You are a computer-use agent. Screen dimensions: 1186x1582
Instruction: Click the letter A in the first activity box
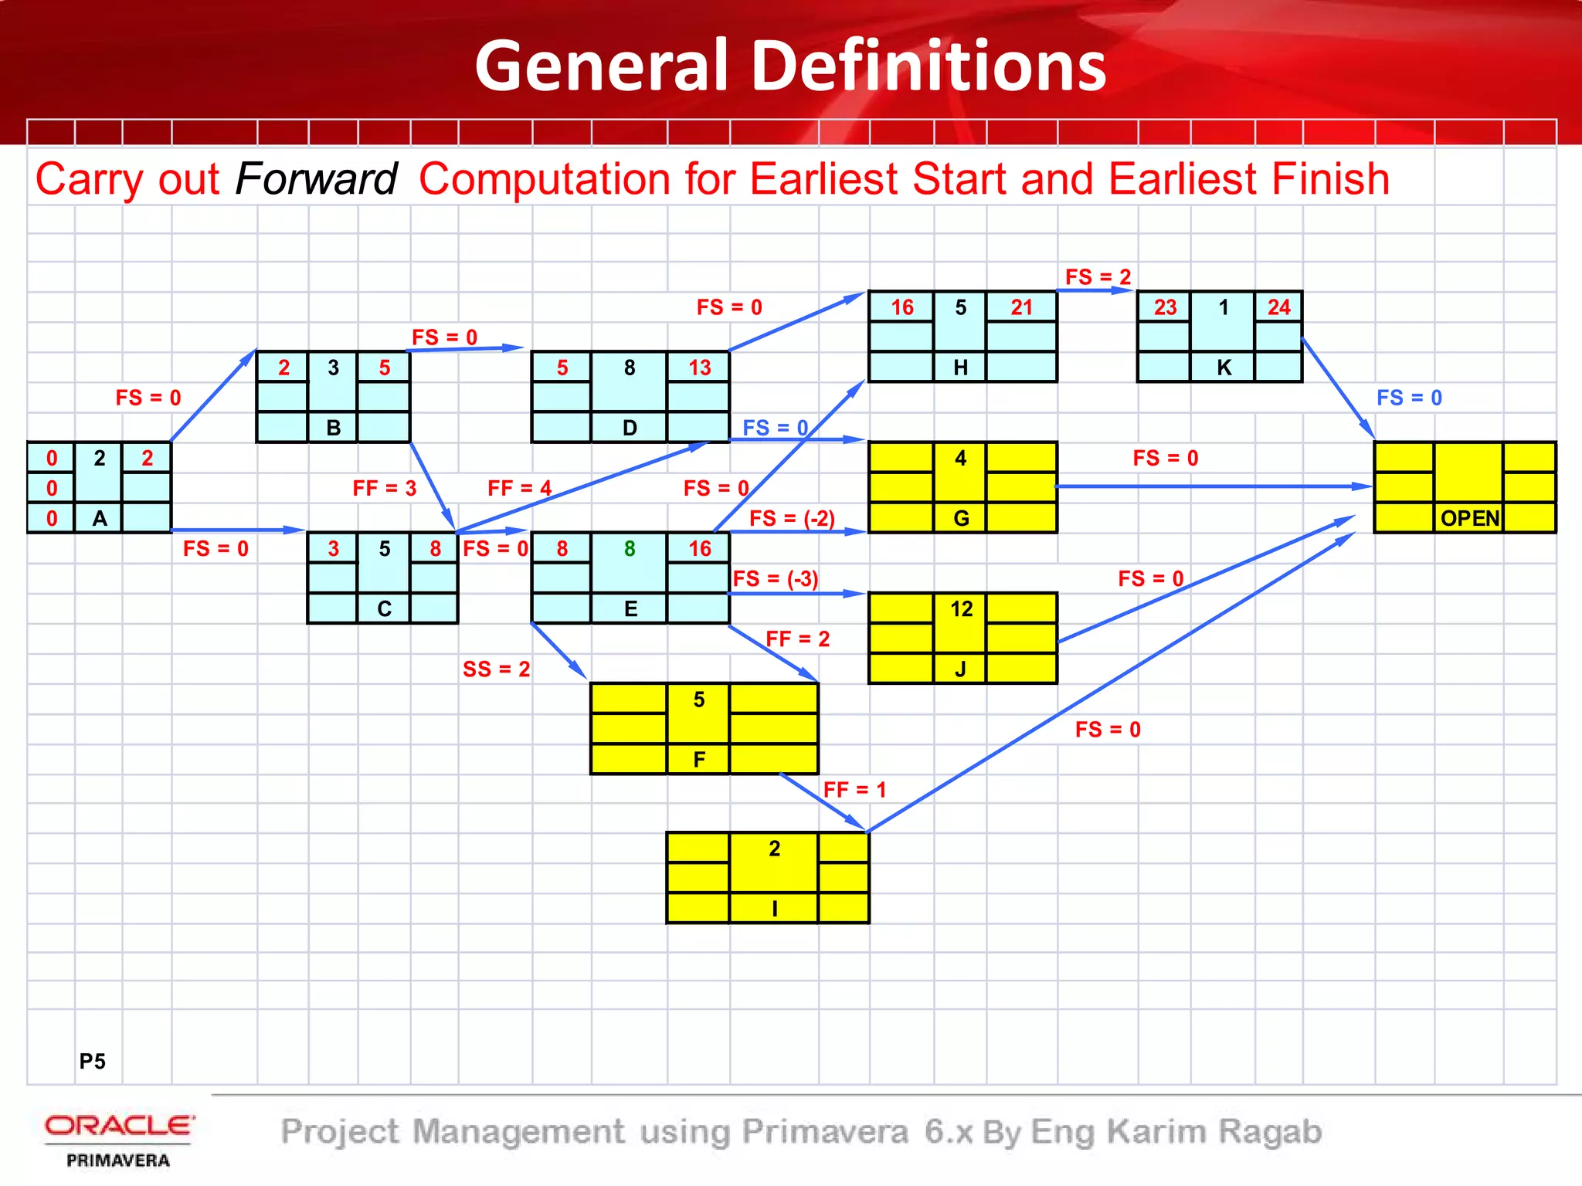pos(100,518)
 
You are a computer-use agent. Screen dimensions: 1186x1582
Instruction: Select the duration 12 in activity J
pos(961,609)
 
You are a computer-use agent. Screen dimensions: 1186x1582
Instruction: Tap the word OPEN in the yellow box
pos(1469,518)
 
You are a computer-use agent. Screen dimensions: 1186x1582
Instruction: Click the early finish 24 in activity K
pos(1278,307)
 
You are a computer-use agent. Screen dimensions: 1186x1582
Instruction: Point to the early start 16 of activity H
pos(901,307)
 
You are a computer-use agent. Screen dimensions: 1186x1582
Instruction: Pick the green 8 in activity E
pos(630,548)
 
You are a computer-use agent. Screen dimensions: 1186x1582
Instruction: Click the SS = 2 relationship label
pos(496,669)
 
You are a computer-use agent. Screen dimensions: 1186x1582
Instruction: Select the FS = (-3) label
pos(775,578)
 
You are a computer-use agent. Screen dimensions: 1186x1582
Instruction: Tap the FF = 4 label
pos(519,488)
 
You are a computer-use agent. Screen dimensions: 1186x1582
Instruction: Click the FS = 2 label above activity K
pos(1098,276)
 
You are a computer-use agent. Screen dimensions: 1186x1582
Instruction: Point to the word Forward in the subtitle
pos(315,179)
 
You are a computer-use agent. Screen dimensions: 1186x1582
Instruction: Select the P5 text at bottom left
pos(92,1061)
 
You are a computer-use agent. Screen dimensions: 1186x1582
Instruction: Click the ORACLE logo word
pos(119,1126)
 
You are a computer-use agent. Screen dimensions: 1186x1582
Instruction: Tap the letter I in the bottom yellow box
pos(774,909)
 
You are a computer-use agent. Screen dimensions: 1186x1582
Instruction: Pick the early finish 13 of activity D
pos(699,368)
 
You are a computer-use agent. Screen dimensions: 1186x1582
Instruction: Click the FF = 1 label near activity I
pos(854,789)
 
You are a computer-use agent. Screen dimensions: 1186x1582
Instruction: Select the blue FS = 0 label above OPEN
pos(1409,398)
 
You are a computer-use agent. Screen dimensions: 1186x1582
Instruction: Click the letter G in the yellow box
pos(961,518)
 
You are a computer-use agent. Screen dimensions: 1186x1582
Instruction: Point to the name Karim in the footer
pos(1156,1132)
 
